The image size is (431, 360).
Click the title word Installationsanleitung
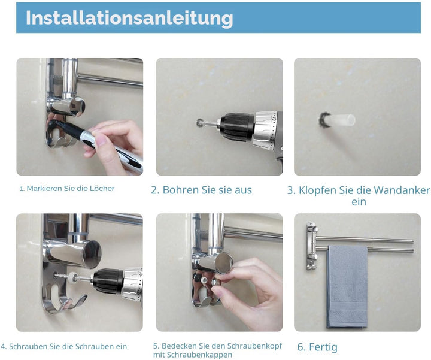129,19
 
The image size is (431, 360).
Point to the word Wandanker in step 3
402,190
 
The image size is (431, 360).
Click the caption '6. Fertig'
317,347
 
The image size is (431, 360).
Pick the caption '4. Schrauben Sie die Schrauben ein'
64,347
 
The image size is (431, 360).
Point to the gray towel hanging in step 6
347,286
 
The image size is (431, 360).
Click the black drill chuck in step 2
236,127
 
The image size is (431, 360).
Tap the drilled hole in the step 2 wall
201,123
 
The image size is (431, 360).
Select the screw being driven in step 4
64,276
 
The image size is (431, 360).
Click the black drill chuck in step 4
108,281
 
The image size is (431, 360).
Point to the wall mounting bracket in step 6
312,246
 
